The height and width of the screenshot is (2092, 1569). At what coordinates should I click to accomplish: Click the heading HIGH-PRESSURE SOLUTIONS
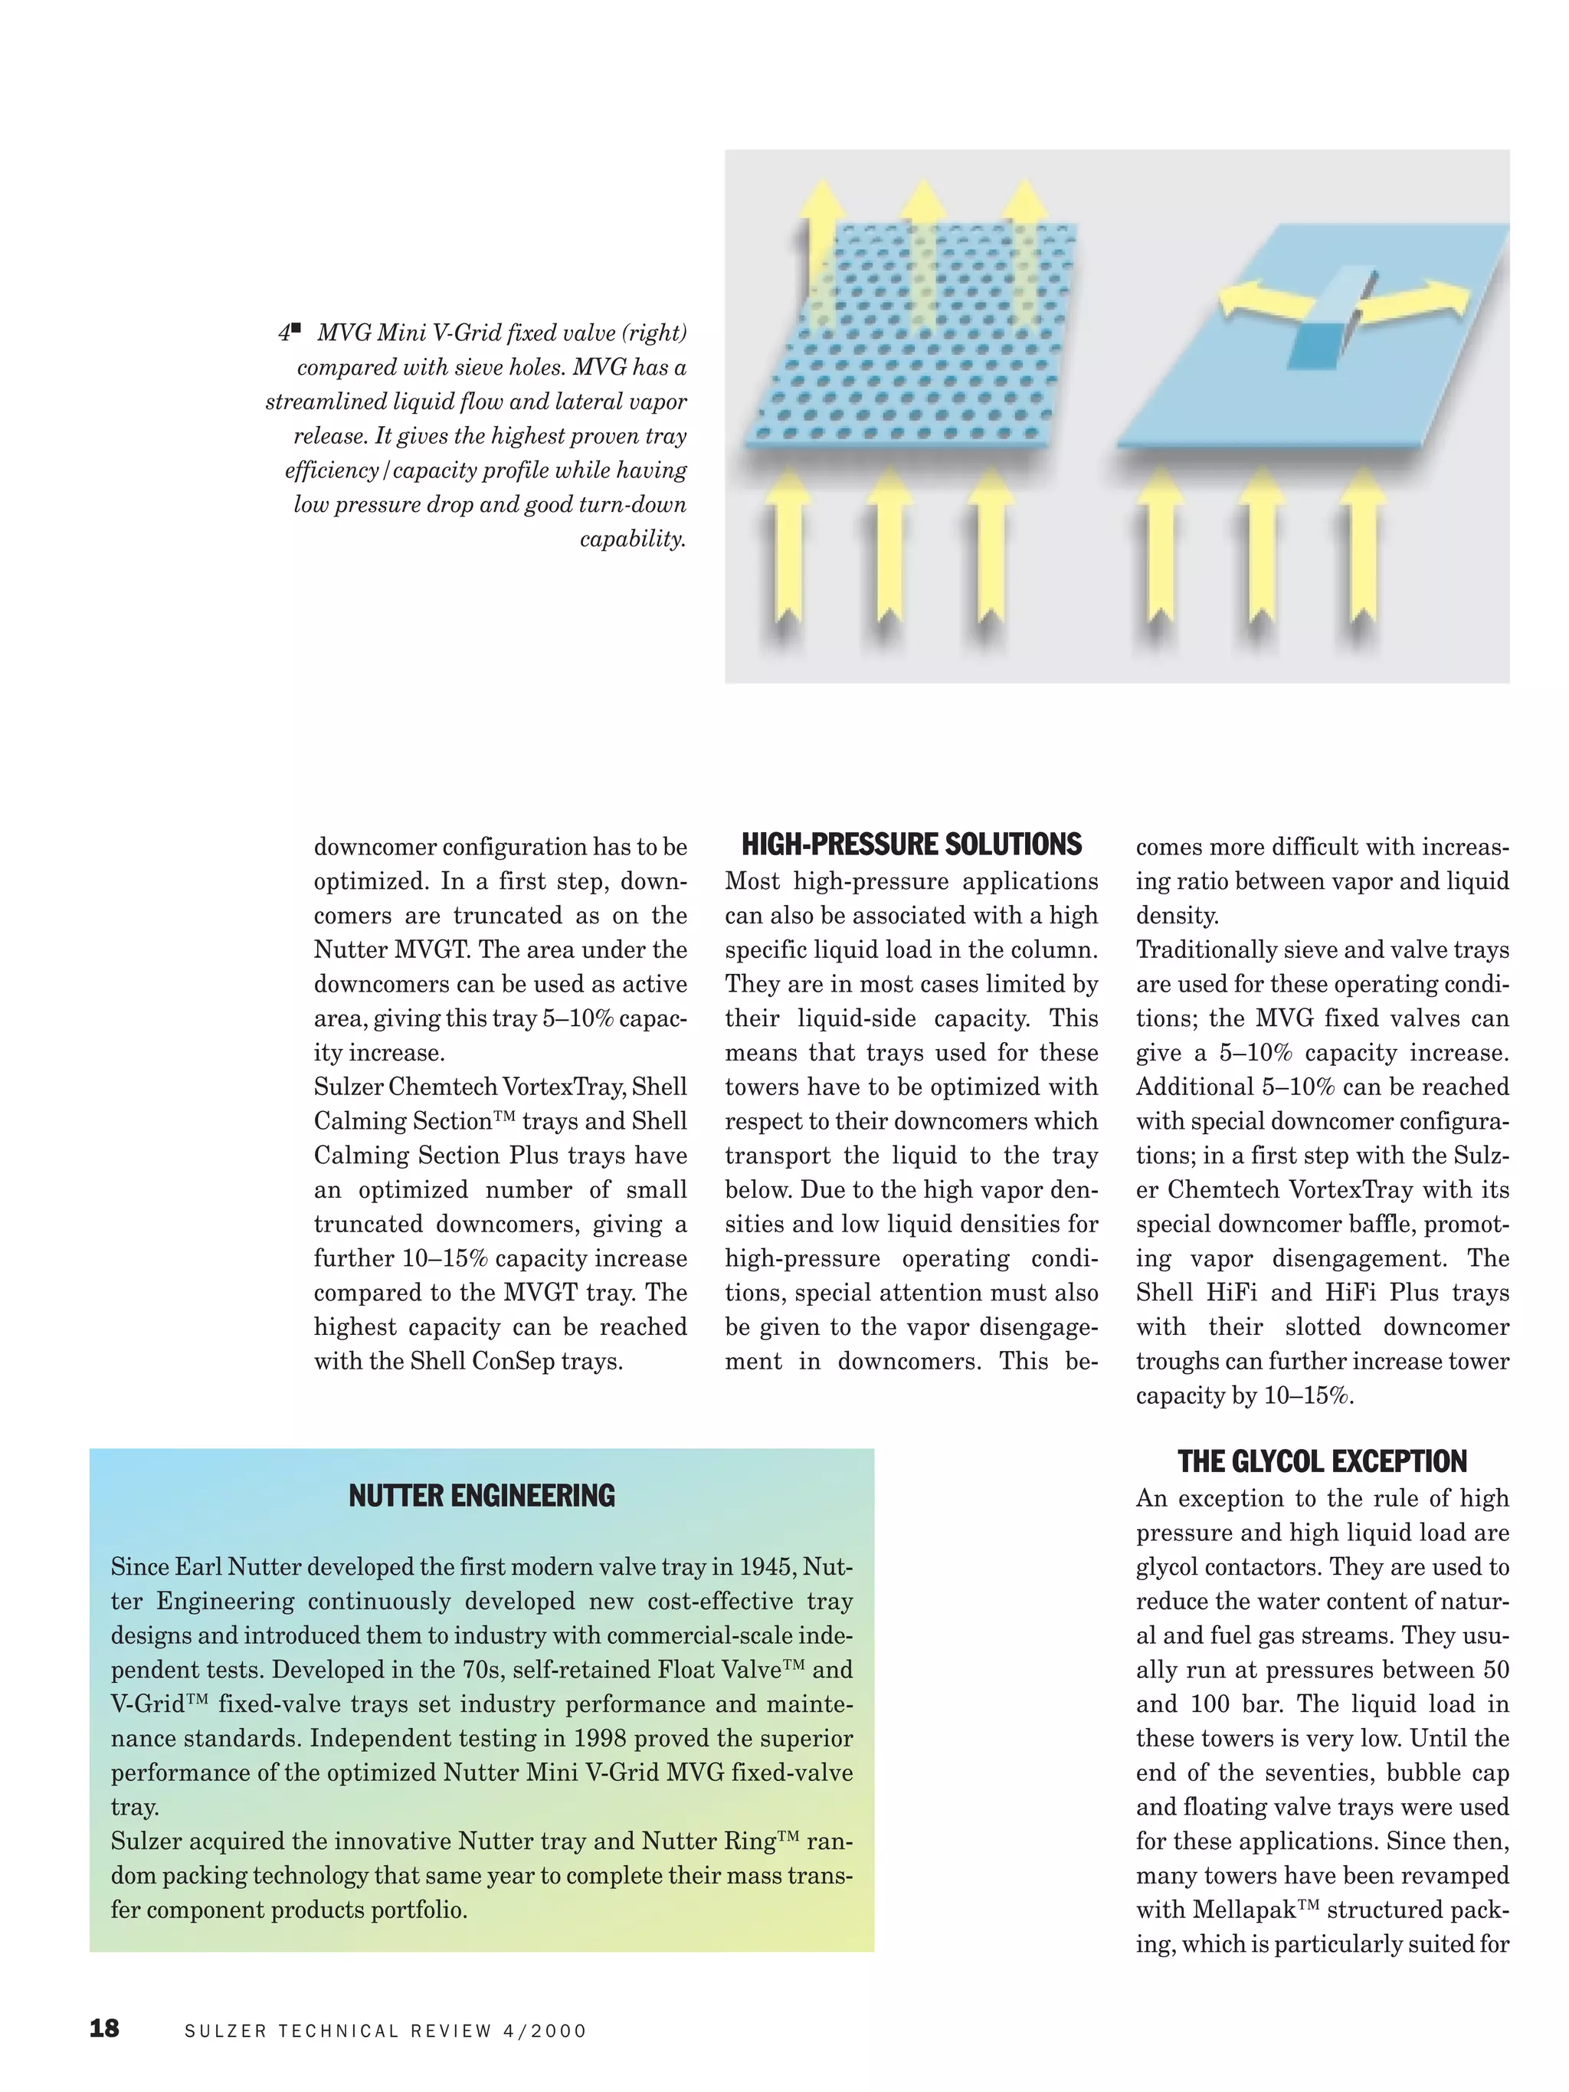911,844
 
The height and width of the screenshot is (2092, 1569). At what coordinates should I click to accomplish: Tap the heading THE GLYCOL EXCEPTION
1322,1461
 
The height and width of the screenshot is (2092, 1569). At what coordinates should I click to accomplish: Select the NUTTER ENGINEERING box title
481,1495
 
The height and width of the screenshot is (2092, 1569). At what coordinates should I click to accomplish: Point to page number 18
104,2028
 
